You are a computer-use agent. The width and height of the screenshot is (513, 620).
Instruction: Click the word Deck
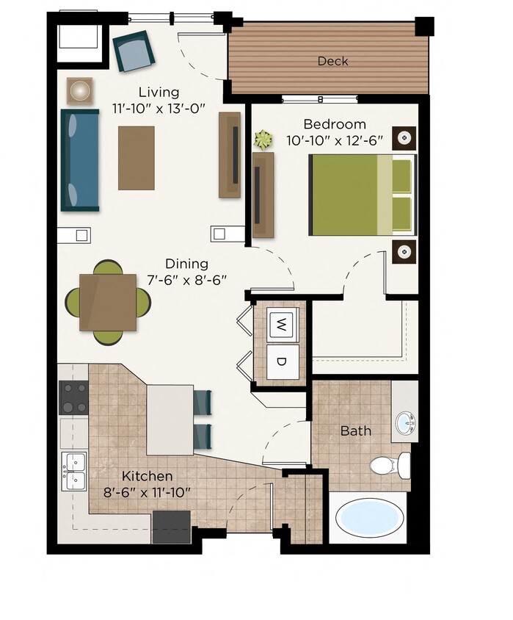coord(332,61)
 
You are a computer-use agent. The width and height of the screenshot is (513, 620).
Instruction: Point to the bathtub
coord(369,517)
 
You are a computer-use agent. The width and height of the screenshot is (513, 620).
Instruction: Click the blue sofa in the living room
coord(79,160)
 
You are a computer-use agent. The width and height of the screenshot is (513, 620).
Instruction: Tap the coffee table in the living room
coord(137,157)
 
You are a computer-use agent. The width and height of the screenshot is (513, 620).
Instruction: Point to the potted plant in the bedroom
coord(262,138)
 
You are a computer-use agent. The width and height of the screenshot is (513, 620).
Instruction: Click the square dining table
coord(108,301)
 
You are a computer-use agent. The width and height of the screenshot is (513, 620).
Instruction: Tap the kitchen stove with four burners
coord(73,398)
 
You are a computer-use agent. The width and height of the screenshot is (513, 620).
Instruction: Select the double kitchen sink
coord(74,472)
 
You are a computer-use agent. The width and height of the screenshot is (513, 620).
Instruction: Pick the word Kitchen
coord(148,476)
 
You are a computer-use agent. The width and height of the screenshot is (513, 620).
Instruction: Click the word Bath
coord(355,430)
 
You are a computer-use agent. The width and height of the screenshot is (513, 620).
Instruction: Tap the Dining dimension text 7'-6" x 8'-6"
coord(186,280)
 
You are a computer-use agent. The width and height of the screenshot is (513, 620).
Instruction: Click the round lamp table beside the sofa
coord(79,90)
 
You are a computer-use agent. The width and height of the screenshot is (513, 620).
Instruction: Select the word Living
coord(159,93)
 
